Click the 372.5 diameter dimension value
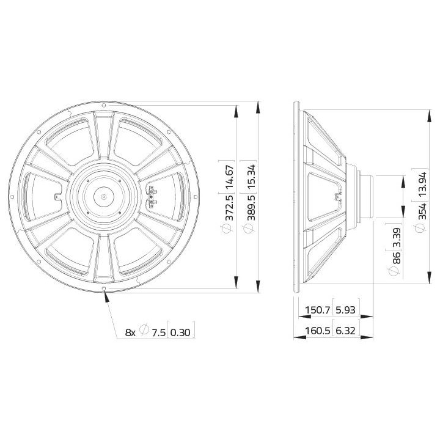point(230,210)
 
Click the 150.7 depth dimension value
point(318,310)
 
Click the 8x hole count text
point(130,332)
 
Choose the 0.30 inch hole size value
point(180,332)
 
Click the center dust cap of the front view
point(105,197)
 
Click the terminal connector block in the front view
point(152,197)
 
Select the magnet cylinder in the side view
point(367,196)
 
